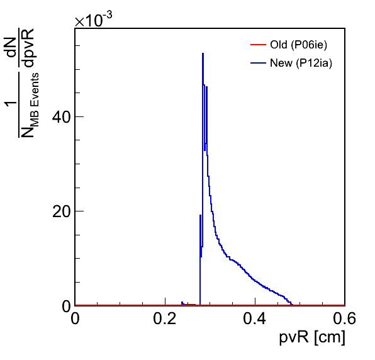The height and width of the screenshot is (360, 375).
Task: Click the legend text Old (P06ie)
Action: [x=298, y=45]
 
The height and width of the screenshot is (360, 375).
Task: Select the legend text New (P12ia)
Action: [x=301, y=63]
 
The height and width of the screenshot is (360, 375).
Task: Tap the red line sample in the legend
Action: [x=258, y=45]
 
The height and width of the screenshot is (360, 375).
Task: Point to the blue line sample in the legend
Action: [x=258, y=63]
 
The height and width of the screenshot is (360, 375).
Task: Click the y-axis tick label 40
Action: [x=62, y=117]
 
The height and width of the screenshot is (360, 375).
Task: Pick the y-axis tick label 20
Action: [x=62, y=211]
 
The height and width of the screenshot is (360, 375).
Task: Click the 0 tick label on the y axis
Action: [x=67, y=306]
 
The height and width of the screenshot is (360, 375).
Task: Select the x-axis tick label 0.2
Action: [x=165, y=318]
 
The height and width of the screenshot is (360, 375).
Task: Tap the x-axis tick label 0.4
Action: [x=255, y=318]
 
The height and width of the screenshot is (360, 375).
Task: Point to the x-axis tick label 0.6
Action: [x=345, y=318]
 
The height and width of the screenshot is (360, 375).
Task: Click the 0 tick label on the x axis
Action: [x=75, y=318]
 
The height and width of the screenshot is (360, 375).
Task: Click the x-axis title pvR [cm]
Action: [x=312, y=338]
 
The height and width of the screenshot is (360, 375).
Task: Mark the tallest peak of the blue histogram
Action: [x=203, y=53]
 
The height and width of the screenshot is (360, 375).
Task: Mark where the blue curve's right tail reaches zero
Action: [x=293, y=305]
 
